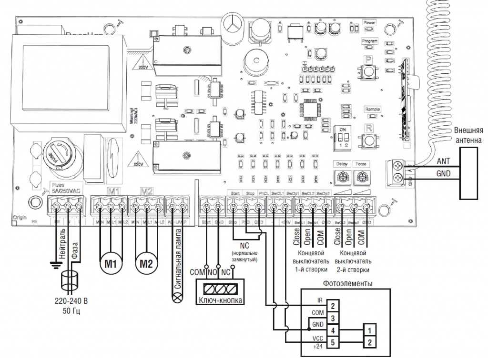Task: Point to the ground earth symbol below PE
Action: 57,263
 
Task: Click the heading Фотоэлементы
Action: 348,283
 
